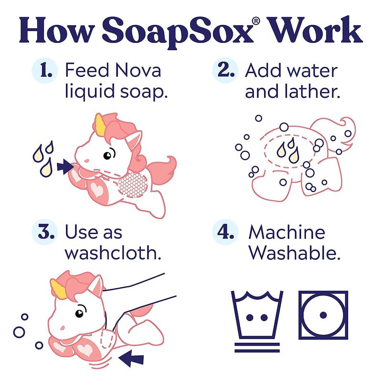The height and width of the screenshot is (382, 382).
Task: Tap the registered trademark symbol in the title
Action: [x=256, y=21]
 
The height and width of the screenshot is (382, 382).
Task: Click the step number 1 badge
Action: [x=45, y=70]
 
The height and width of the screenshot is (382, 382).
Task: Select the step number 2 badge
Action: [x=225, y=70]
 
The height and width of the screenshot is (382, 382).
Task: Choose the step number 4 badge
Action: [x=225, y=232]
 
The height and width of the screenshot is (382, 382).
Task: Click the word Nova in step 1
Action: [x=138, y=70]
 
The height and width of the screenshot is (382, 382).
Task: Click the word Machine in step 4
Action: [x=287, y=232]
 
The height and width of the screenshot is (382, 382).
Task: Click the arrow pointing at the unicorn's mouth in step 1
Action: [x=65, y=167]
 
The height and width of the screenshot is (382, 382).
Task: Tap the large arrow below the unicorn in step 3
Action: [x=131, y=358]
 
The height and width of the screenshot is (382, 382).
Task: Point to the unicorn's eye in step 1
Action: [x=107, y=155]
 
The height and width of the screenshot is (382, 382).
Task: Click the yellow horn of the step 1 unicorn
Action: [x=99, y=125]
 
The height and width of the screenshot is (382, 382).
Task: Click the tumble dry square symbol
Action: [x=323, y=315]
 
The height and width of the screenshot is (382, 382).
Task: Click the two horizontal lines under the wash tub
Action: [x=257, y=348]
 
